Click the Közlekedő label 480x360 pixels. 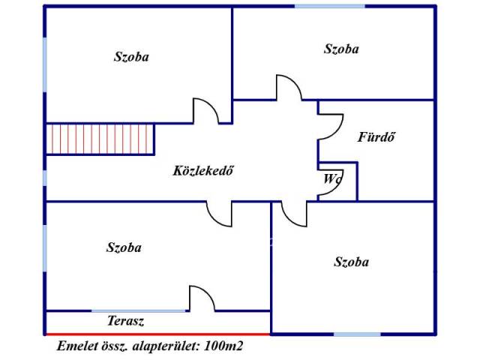203,170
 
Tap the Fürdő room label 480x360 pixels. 376,136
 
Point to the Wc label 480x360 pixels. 331,178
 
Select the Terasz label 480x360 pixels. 125,321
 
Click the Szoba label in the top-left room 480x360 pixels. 131,57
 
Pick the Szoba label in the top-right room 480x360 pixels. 341,49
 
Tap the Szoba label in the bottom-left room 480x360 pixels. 124,247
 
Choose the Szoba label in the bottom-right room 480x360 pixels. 352,262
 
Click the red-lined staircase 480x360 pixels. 100,139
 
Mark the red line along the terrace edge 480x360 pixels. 158,334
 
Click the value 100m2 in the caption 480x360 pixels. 223,346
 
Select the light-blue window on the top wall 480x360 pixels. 330,6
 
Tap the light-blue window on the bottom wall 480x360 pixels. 357,334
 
